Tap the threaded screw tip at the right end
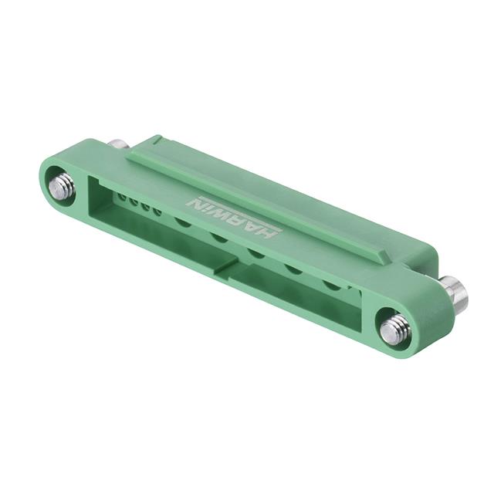coord(395,331)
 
